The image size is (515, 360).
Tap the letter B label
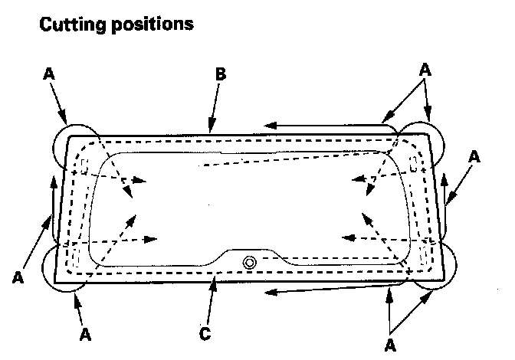point(220,74)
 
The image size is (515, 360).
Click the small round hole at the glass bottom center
point(250,262)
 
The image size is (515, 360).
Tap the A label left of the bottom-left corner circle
point(18,278)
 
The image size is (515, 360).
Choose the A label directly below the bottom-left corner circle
point(85,335)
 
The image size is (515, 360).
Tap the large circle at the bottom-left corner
point(66,268)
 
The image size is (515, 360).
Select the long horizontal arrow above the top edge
point(322,123)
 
